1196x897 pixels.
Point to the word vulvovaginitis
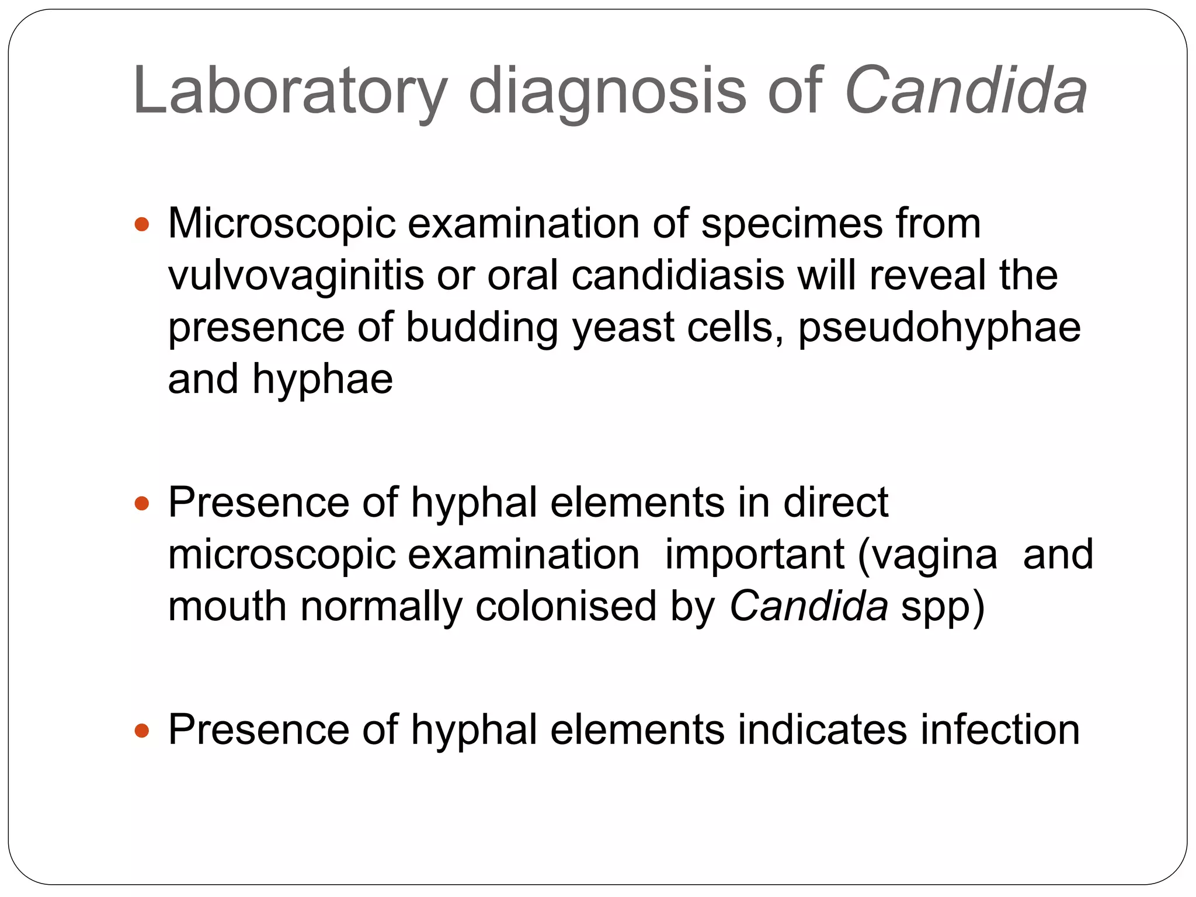tap(295, 276)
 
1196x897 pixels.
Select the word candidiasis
tap(677, 276)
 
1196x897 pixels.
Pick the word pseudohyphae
tap(939, 328)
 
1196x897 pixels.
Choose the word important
tap(754, 555)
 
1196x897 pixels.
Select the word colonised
tap(566, 606)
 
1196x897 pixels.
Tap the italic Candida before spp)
tap(809, 606)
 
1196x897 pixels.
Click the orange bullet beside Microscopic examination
tap(142, 224)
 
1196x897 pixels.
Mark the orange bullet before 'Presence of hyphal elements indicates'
tap(142, 731)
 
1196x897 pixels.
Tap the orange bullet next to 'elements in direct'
tap(142, 503)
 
